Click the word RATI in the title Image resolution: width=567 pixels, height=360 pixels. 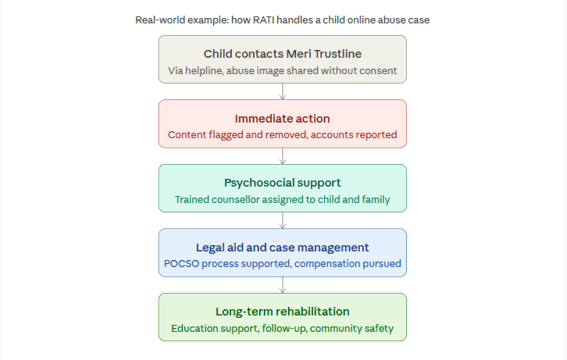[x=263, y=20]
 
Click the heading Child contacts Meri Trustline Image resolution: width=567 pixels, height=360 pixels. [x=283, y=54]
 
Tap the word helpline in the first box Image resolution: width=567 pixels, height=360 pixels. [x=204, y=71]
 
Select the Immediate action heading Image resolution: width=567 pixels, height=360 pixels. [x=283, y=119]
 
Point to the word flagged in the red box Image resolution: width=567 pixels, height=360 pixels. [x=226, y=135]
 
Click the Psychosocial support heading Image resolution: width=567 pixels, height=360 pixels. [x=283, y=183]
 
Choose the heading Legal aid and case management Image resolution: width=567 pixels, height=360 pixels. [x=283, y=248]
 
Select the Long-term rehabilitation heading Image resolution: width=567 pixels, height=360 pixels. [x=283, y=312]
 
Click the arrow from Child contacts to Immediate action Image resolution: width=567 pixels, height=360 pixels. [x=283, y=91]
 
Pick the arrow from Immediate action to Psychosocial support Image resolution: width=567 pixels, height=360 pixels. [x=283, y=156]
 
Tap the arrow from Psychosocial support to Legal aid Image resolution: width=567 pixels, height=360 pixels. [x=283, y=220]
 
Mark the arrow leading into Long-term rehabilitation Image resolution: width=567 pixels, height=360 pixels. [x=283, y=285]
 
